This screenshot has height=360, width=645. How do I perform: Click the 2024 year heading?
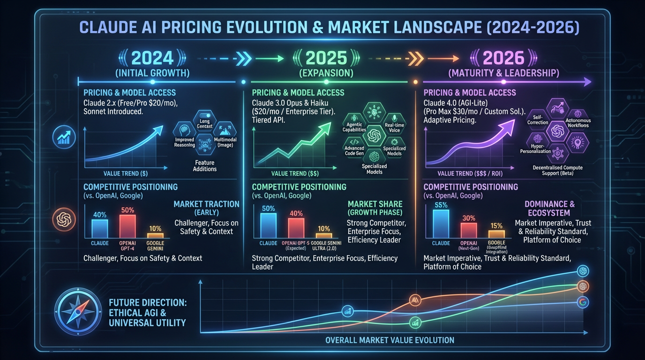click(x=152, y=58)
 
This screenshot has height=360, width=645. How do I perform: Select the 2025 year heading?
click(x=326, y=58)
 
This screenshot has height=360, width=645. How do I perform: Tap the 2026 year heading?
click(x=503, y=58)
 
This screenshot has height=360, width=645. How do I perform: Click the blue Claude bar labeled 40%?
click(x=99, y=228)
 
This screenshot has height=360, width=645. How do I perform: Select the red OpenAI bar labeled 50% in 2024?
click(x=127, y=226)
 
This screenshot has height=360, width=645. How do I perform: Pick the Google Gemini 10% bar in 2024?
click(x=155, y=235)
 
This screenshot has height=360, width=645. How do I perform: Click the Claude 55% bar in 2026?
click(x=441, y=224)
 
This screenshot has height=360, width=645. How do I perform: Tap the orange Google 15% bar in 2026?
click(x=496, y=234)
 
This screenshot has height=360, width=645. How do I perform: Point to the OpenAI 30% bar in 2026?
click(x=469, y=230)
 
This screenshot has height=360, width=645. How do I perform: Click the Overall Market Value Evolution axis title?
click(x=390, y=340)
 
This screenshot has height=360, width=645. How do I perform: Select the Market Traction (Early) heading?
click(x=206, y=208)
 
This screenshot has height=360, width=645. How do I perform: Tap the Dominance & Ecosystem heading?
click(x=549, y=209)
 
